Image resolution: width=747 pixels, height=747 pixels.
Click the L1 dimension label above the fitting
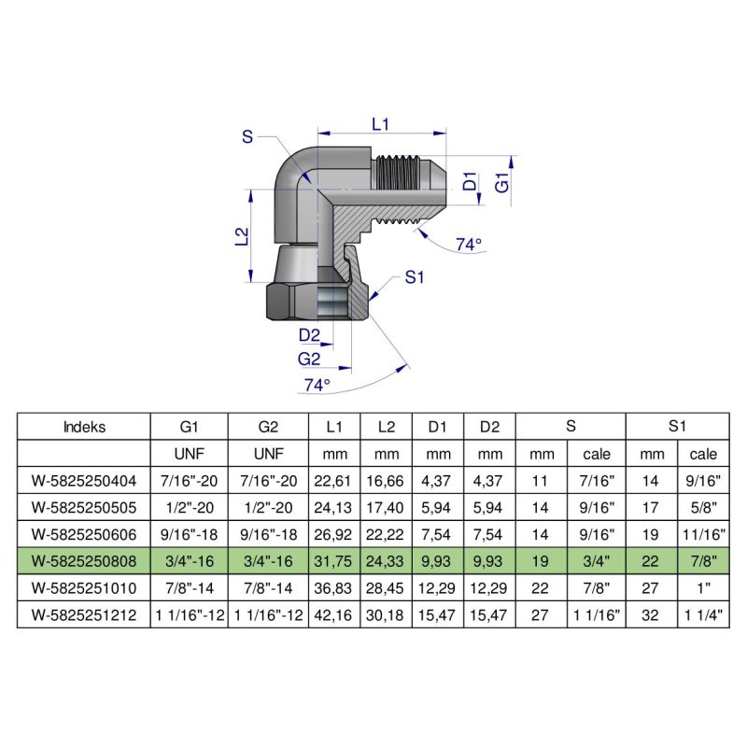click(x=380, y=123)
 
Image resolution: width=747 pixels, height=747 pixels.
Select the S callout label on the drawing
click(x=247, y=137)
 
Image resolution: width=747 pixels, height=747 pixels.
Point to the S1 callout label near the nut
click(x=415, y=277)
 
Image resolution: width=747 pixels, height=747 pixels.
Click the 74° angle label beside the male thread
click(x=469, y=245)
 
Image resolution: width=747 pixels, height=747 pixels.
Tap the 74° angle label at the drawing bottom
click(x=317, y=384)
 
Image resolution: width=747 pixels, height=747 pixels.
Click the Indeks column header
click(x=84, y=428)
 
